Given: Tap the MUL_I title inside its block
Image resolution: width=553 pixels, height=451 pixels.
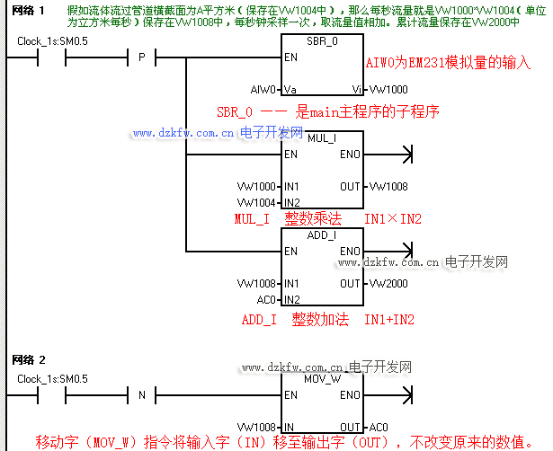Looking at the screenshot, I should (321, 139).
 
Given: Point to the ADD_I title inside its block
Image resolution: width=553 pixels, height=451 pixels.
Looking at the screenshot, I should (321, 235).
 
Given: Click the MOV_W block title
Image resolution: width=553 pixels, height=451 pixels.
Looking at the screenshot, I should (321, 380).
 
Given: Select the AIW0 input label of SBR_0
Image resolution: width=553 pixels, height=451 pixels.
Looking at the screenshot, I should (263, 90).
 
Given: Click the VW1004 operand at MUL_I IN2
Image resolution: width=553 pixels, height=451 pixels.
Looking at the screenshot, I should (257, 201).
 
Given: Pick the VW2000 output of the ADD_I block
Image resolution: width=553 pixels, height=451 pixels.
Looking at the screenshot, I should (388, 283).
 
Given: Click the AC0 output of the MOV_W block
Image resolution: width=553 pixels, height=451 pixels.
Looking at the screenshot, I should (379, 427).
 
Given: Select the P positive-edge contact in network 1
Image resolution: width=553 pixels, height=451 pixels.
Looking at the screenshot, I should (141, 58).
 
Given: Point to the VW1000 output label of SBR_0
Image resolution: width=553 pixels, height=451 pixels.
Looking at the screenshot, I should (388, 90).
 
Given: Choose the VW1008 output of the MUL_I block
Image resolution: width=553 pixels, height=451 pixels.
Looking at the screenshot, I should (388, 186).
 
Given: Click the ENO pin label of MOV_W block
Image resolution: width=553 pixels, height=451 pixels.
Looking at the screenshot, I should (350, 395).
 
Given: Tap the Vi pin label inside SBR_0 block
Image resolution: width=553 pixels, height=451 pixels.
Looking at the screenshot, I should (356, 90).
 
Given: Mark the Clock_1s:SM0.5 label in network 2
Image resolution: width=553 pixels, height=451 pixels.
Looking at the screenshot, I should (52, 379).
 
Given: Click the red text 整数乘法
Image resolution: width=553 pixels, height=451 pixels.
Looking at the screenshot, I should (314, 218).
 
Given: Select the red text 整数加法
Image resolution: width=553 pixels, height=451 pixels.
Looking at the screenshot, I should (321, 319).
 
